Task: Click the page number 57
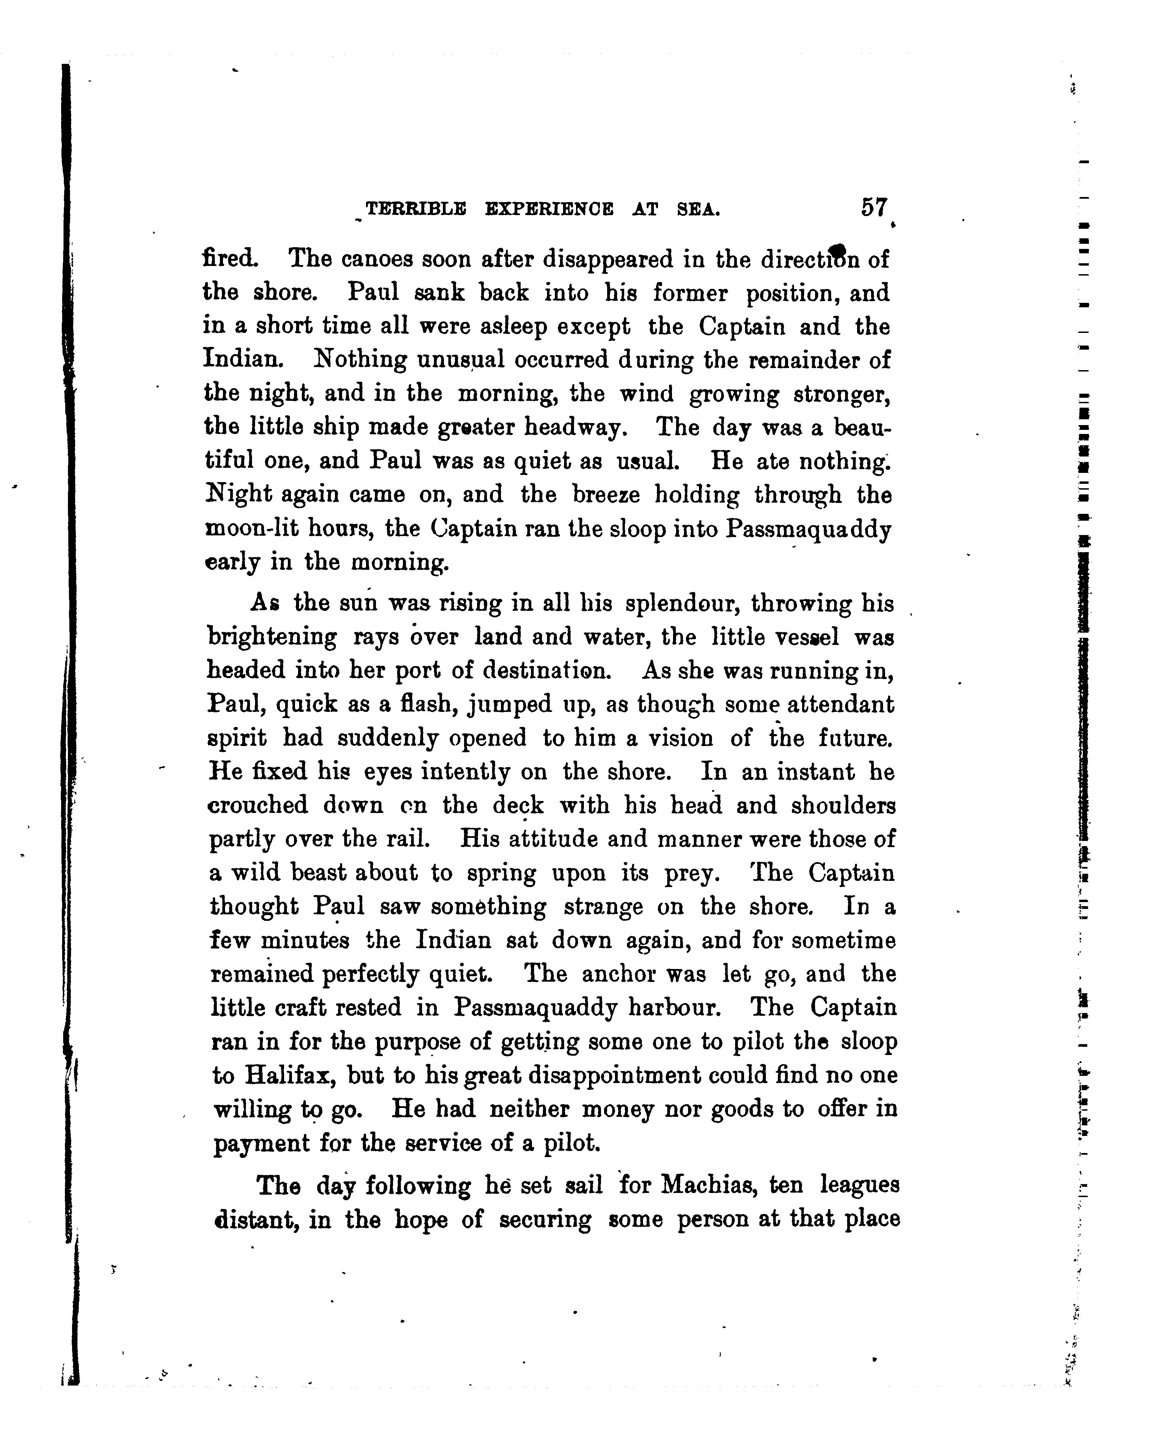pyautogui.click(x=874, y=207)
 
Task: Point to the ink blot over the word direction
pyautogui.click(x=838, y=252)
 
